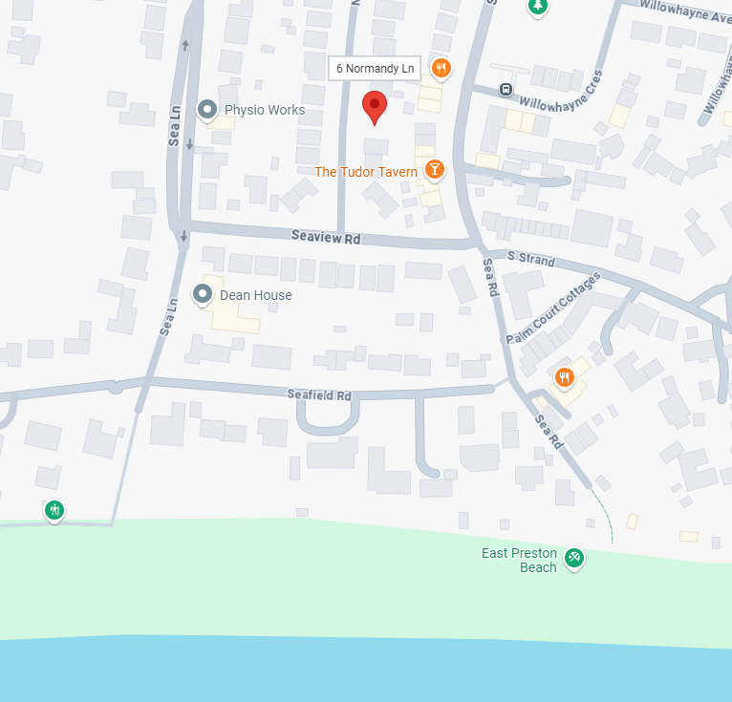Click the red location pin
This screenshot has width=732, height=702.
375,108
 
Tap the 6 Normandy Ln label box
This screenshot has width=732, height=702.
375,68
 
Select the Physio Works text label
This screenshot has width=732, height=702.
265,110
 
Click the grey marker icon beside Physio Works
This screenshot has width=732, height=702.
207,110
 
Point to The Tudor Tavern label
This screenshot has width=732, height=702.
366,172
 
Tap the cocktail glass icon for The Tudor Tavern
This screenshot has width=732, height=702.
435,170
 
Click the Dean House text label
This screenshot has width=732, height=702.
256,295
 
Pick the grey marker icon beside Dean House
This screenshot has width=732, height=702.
203,294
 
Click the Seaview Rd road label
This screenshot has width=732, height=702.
326,236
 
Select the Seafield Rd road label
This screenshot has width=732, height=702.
319,394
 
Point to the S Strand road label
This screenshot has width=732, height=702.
531,258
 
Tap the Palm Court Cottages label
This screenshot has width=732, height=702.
552,308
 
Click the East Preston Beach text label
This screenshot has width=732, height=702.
519,561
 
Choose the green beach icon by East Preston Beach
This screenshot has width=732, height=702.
573,557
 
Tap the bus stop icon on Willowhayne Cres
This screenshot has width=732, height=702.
506,90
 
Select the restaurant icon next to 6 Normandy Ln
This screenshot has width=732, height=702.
441,68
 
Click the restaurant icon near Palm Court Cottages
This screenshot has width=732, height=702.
564,378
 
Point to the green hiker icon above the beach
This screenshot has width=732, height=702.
54,510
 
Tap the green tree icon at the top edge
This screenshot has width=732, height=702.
539,7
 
